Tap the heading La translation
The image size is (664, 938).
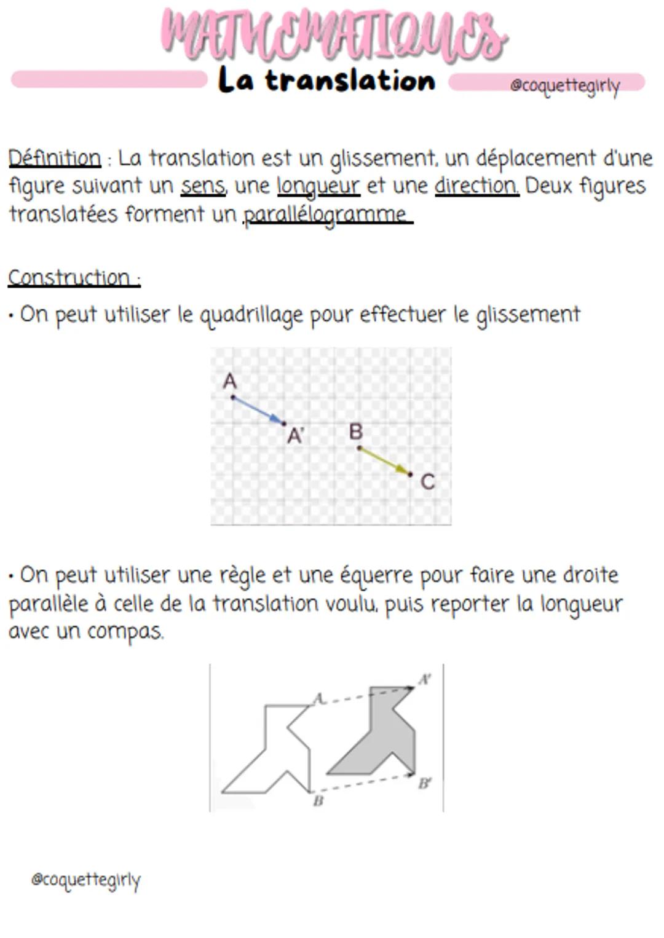tap(326, 81)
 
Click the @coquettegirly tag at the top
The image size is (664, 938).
tap(564, 85)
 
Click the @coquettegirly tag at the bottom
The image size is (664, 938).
tap(85, 880)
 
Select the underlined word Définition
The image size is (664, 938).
tap(54, 158)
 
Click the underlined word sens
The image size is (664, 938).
tap(202, 186)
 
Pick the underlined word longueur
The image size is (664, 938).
tap(318, 186)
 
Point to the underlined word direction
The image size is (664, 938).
tap(476, 186)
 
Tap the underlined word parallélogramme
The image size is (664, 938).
tap(326, 215)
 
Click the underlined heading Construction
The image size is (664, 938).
tap(71, 278)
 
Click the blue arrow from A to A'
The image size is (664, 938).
tap(258, 410)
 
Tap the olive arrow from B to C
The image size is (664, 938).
tap(385, 461)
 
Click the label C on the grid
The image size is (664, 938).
tap(427, 482)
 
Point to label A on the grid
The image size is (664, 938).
tap(229, 381)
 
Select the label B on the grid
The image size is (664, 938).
tap(355, 432)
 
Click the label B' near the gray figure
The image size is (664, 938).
tap(424, 783)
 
